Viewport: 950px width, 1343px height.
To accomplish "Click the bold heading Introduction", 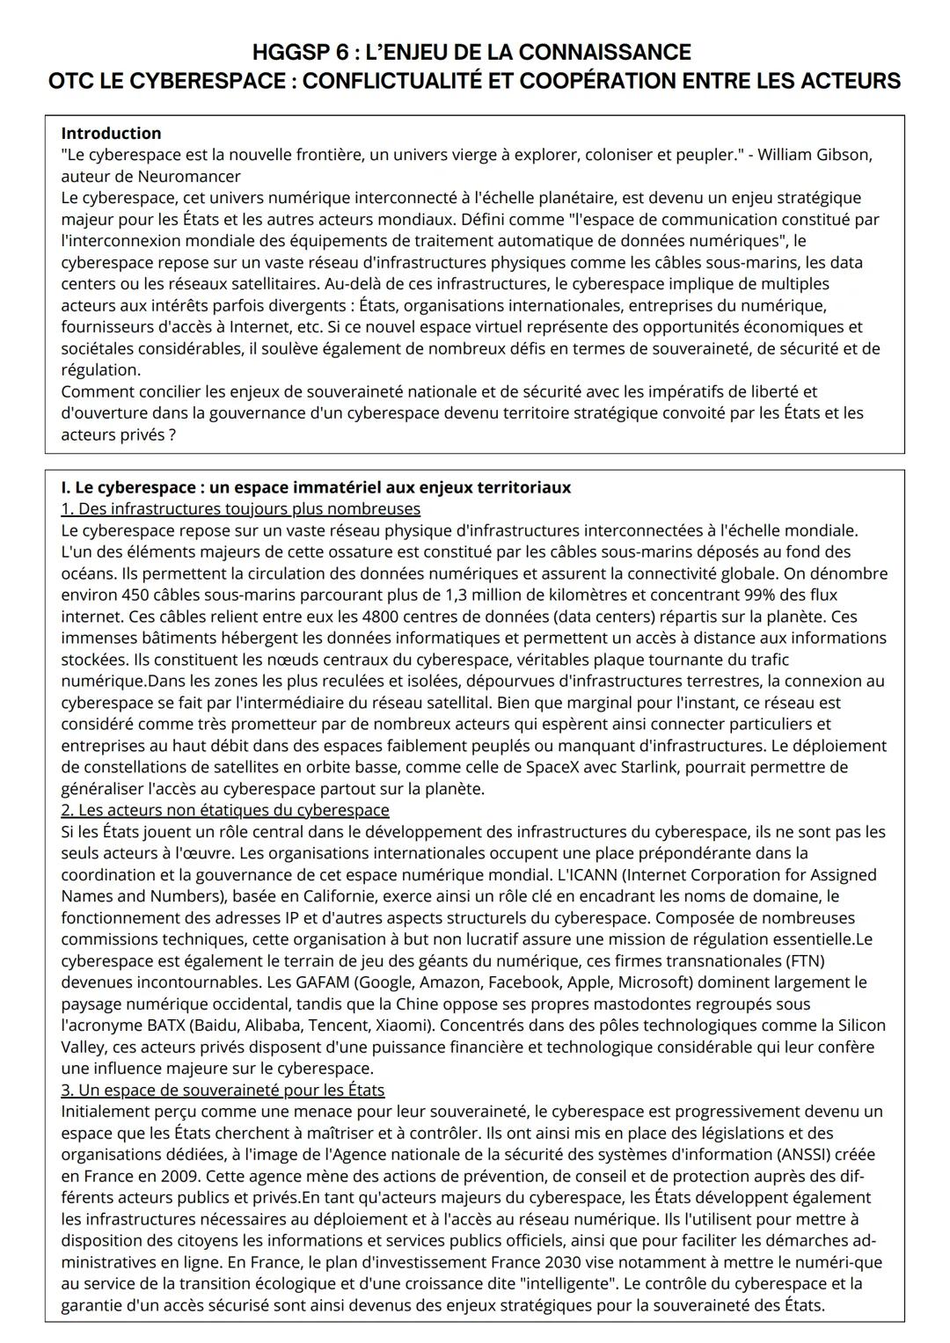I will pyautogui.click(x=111, y=134).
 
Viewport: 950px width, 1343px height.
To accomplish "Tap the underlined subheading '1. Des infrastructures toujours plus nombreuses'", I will pyautogui.click(x=240, y=509).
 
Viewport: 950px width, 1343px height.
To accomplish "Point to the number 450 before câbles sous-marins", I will pyautogui.click(x=138, y=595).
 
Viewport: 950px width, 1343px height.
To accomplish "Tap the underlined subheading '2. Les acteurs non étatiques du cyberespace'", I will pyautogui.click(x=225, y=810).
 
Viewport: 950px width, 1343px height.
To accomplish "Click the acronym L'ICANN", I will pyautogui.click(x=588, y=875).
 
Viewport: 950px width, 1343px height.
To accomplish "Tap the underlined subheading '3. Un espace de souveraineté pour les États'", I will pyautogui.click(x=223, y=1091).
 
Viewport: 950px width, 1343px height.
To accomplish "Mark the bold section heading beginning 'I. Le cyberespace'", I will pyautogui.click(x=316, y=487).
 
